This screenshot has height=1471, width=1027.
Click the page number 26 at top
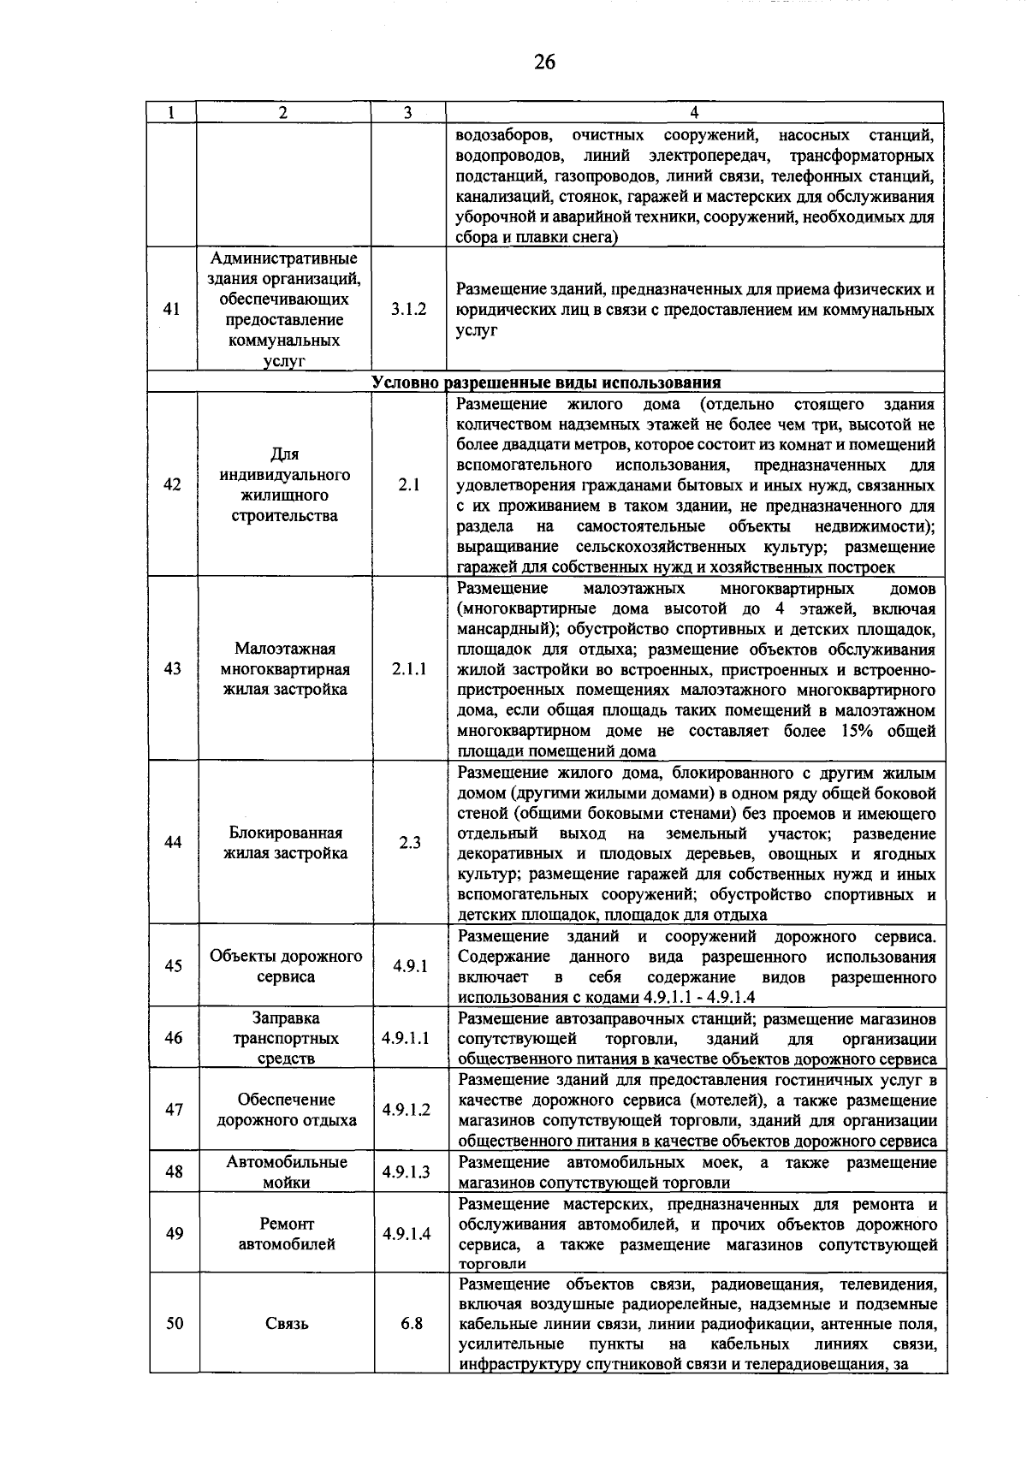(544, 62)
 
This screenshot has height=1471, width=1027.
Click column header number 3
(407, 112)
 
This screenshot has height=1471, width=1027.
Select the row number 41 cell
(172, 309)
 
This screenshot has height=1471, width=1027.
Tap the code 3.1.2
(408, 309)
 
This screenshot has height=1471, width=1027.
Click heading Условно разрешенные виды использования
(546, 383)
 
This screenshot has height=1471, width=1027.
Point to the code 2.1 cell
(408, 484)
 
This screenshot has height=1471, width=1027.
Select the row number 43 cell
(172, 669)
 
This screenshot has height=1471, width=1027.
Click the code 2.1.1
(408, 669)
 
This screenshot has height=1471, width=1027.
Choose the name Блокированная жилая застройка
(285, 843)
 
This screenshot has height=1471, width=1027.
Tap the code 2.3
(409, 842)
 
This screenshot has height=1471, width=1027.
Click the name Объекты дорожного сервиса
(285, 966)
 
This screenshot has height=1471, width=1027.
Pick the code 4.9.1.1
(406, 1038)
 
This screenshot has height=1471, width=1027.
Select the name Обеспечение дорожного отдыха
(286, 1110)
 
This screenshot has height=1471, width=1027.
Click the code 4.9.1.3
(407, 1171)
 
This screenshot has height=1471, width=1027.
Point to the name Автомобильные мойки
(286, 1171)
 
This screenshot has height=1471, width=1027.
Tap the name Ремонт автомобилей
(286, 1233)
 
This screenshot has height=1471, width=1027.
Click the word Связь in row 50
(286, 1323)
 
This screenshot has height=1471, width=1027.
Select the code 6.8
(411, 1323)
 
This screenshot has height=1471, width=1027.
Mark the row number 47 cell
(174, 1110)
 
